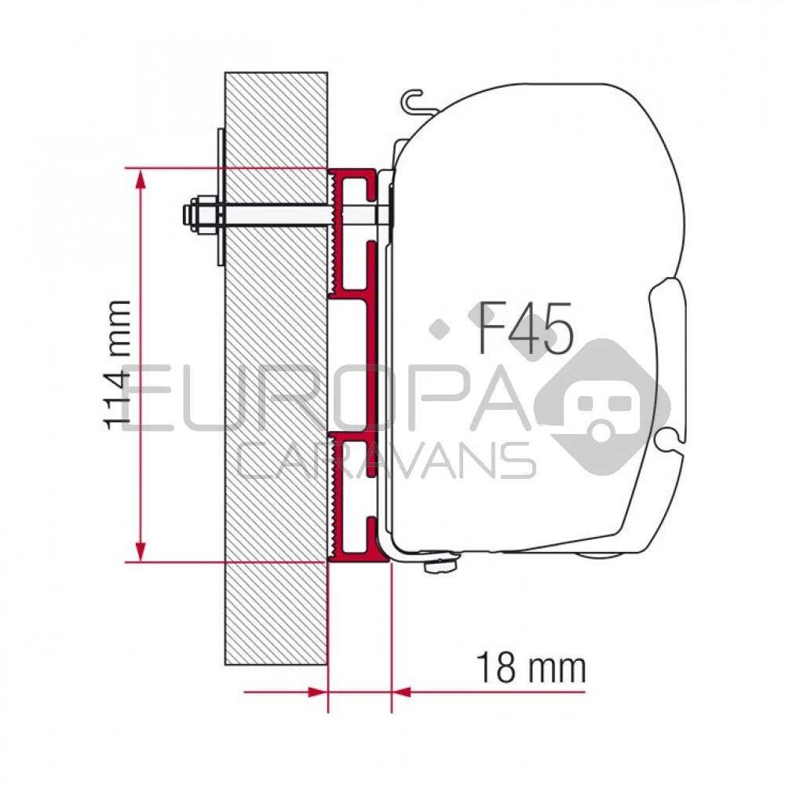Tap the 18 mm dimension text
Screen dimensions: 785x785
tap(531, 669)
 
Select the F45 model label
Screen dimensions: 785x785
tap(525, 328)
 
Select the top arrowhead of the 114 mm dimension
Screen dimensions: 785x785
tap(140, 180)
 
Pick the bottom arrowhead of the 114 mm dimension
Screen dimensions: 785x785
tap(140, 550)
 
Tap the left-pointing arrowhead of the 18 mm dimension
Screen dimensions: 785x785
tap(401, 692)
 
